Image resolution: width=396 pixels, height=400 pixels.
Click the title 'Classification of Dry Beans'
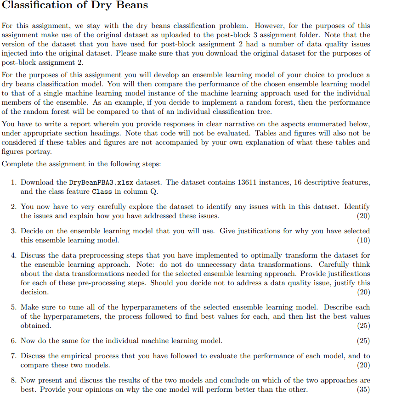[x=75, y=6]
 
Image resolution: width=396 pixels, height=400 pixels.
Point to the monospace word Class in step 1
[x=102, y=192]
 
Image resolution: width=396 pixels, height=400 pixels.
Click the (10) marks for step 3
[x=363, y=240]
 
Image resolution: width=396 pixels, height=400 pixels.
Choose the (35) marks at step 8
[x=363, y=389]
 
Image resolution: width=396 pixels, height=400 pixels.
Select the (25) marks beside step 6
[x=363, y=341]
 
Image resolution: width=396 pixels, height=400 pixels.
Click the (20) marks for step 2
[x=363, y=216]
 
